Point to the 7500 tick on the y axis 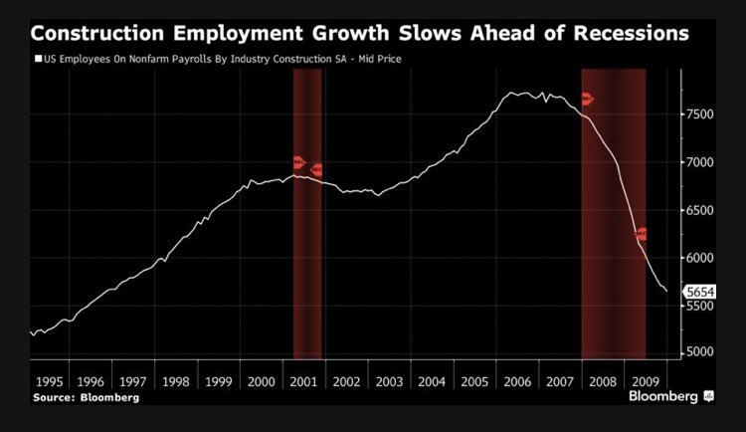point(701,114)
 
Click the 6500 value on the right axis point(701,210)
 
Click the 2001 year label point(306,381)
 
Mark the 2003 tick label point(391,381)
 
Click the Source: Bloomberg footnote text point(86,397)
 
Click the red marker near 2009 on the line point(642,235)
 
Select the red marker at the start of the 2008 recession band point(587,99)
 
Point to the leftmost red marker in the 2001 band point(298,162)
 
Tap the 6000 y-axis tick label point(701,258)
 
